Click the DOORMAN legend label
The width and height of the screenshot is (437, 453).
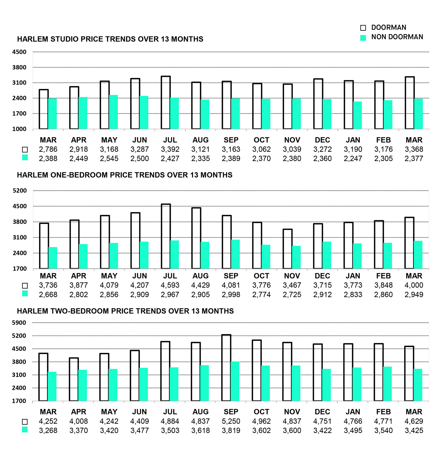[388, 27]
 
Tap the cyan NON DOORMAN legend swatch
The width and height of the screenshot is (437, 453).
[363, 38]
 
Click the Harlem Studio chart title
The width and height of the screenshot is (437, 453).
[110, 39]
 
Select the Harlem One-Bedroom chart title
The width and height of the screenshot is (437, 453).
[125, 175]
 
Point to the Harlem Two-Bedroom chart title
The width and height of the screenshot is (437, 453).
[125, 311]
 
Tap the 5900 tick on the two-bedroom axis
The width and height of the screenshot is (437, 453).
[19, 323]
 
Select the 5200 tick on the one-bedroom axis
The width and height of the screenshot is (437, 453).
[20, 191]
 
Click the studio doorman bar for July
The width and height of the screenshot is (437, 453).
[166, 103]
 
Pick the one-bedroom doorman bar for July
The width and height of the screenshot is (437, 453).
[166, 236]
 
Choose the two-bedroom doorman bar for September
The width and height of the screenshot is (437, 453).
[226, 368]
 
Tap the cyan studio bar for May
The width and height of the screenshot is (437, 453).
[113, 112]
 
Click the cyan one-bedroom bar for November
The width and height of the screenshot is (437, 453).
[296, 257]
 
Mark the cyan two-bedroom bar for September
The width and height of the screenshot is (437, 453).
[235, 381]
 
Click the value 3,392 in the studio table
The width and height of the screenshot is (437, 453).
[170, 149]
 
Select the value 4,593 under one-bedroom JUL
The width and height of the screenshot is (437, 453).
[170, 285]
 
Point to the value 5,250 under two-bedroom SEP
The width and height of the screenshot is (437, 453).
[231, 421]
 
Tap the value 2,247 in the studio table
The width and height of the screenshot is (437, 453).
[353, 159]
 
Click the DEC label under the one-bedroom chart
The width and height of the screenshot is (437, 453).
[322, 276]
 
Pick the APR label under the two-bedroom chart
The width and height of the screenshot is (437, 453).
[79, 412]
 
